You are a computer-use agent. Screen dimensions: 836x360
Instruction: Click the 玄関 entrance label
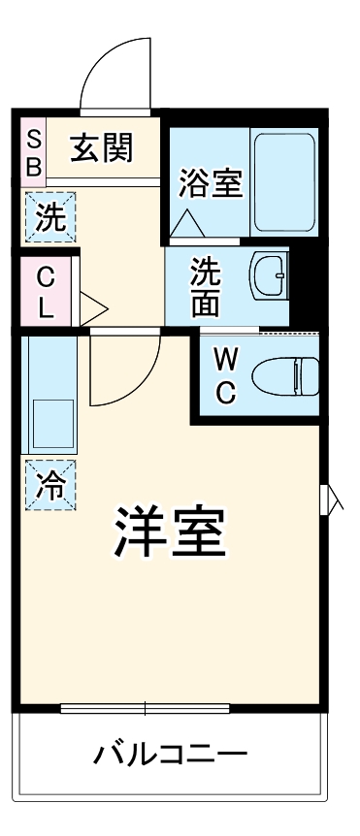[x=100, y=149]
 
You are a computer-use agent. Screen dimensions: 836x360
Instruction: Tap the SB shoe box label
[x=33, y=151]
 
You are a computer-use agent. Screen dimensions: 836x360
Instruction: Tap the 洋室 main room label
[x=171, y=531]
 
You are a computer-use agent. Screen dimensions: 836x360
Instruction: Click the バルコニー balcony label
[x=171, y=754]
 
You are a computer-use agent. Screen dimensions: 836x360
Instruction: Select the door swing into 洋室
[x=124, y=373]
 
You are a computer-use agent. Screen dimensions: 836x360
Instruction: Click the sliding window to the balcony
[x=146, y=708]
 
